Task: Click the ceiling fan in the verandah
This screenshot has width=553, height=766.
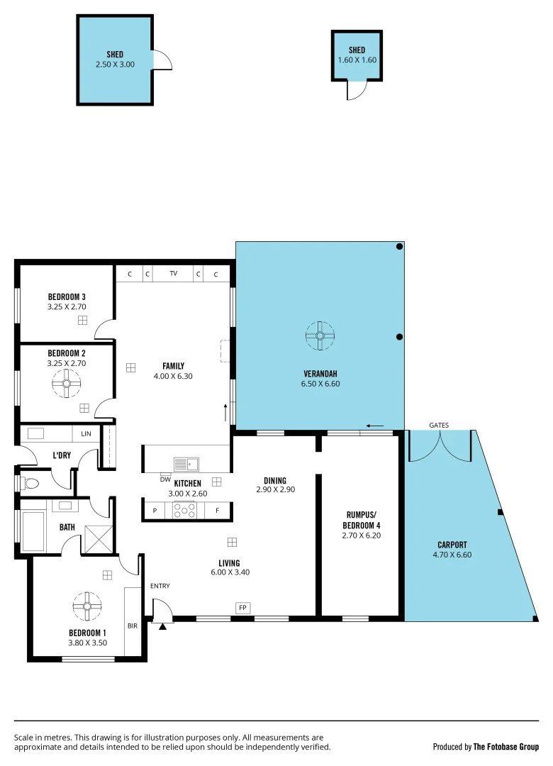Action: click(320, 335)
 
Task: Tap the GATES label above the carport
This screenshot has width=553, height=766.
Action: click(439, 425)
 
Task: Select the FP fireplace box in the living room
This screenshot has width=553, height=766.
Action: click(242, 608)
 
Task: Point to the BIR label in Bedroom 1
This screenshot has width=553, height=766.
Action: click(133, 626)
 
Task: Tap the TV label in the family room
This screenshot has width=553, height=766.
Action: click(173, 274)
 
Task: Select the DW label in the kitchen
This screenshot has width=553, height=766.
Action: click(165, 479)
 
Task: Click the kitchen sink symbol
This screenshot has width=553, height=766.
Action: click(186, 465)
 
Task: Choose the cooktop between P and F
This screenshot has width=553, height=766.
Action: click(185, 510)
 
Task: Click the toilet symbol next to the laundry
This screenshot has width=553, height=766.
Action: click(29, 484)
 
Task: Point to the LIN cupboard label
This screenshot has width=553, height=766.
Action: click(86, 433)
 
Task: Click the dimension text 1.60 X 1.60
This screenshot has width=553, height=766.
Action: click(357, 60)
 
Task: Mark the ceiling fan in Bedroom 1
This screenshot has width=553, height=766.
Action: click(88, 606)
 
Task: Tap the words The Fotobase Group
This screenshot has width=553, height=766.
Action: click(505, 747)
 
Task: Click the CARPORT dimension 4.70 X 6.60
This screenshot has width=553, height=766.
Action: click(452, 555)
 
